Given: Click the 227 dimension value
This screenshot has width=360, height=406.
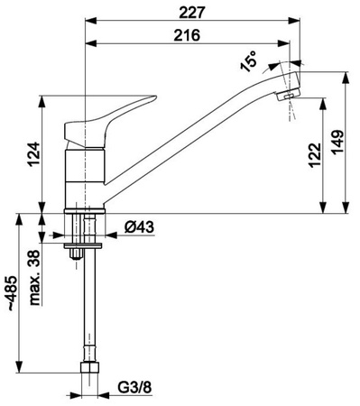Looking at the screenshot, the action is point(192,13).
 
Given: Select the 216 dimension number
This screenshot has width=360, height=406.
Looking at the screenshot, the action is point(187,35).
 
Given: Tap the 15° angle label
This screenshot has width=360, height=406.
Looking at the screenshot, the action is point(249,61).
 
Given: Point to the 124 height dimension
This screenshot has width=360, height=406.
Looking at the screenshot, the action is point(34,154).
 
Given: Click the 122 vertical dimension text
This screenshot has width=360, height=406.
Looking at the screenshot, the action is point(315,155).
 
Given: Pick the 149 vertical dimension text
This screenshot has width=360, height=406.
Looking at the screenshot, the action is point(337,143).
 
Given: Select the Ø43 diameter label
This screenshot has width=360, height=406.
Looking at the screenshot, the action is point(139,226).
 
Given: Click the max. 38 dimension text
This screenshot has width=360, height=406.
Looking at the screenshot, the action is point(34,278).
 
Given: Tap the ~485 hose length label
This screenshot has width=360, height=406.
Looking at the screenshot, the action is point(13,292).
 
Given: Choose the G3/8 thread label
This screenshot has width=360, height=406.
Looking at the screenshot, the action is point(134,387).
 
